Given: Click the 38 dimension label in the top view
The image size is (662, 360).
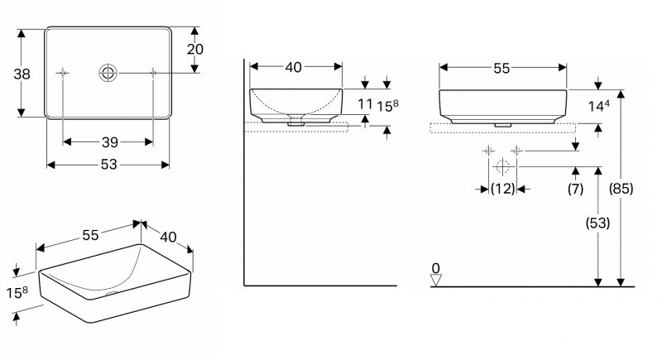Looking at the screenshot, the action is point(22,74).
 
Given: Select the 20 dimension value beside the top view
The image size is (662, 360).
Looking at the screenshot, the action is point(195,50).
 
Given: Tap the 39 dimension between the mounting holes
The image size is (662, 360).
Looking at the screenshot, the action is point(110,142).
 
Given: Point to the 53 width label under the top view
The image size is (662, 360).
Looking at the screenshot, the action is point(108,164).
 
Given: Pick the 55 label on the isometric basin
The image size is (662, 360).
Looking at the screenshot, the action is point(90,235).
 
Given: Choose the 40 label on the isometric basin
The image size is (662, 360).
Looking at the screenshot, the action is point(168,237).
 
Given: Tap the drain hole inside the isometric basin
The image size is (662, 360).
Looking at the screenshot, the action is point(113,293).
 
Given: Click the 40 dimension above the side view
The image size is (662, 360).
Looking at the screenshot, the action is point(294,67).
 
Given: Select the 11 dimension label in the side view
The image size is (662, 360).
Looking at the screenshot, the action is point(364,103).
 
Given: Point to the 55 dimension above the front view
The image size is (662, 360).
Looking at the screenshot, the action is point(501,69).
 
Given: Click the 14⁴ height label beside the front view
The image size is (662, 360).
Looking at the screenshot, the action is point(599,105).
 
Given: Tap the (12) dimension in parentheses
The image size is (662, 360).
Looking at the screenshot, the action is point(503,189).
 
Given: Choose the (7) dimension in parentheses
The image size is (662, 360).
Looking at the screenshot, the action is point(575,189).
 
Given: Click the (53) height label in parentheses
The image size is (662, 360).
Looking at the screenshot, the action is point(597,223).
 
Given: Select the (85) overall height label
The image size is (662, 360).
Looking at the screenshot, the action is point(621,189).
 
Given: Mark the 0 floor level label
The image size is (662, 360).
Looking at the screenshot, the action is point(436,268).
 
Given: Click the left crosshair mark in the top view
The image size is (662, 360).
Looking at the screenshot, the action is point(63,73).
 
